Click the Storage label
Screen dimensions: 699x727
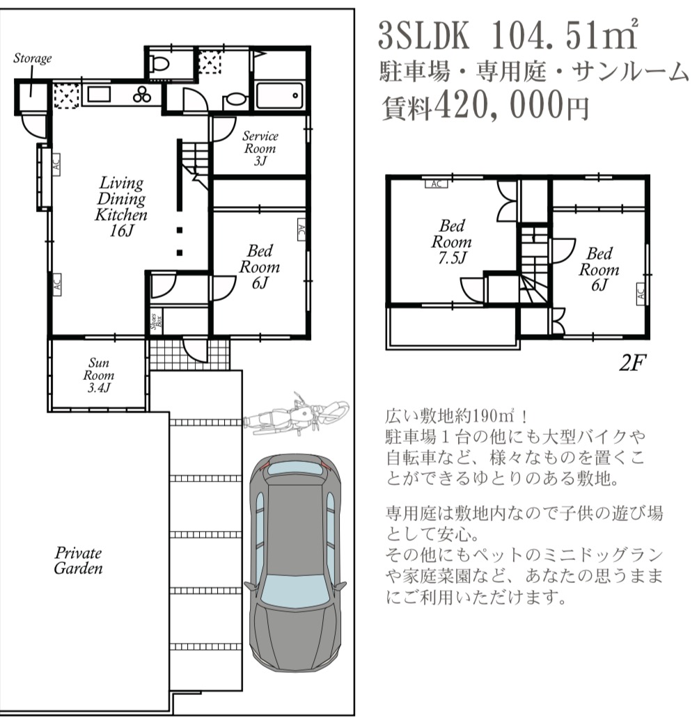pyautogui.click(x=33, y=58)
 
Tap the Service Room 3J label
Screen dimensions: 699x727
pyautogui.click(x=260, y=148)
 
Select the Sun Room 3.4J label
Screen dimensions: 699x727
pyautogui.click(x=99, y=375)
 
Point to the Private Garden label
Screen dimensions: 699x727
pyautogui.click(x=78, y=560)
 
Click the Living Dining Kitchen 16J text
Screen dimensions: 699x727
pyautogui.click(x=122, y=207)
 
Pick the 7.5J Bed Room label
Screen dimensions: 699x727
pyautogui.click(x=452, y=241)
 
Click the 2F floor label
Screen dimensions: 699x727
pyautogui.click(x=633, y=362)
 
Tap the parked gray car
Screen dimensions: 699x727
pyautogui.click(x=296, y=562)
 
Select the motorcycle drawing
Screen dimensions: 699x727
pyautogui.click(x=296, y=414)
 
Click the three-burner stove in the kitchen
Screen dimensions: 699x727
pyautogui.click(x=142, y=95)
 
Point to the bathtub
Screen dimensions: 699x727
pyautogui.click(x=280, y=96)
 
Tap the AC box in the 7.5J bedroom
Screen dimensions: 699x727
pyautogui.click(x=437, y=184)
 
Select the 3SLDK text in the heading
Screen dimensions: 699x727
pyautogui.click(x=424, y=35)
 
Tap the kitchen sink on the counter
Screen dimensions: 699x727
pyautogui.click(x=99, y=95)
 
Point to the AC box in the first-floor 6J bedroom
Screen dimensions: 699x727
pyautogui.click(x=301, y=230)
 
